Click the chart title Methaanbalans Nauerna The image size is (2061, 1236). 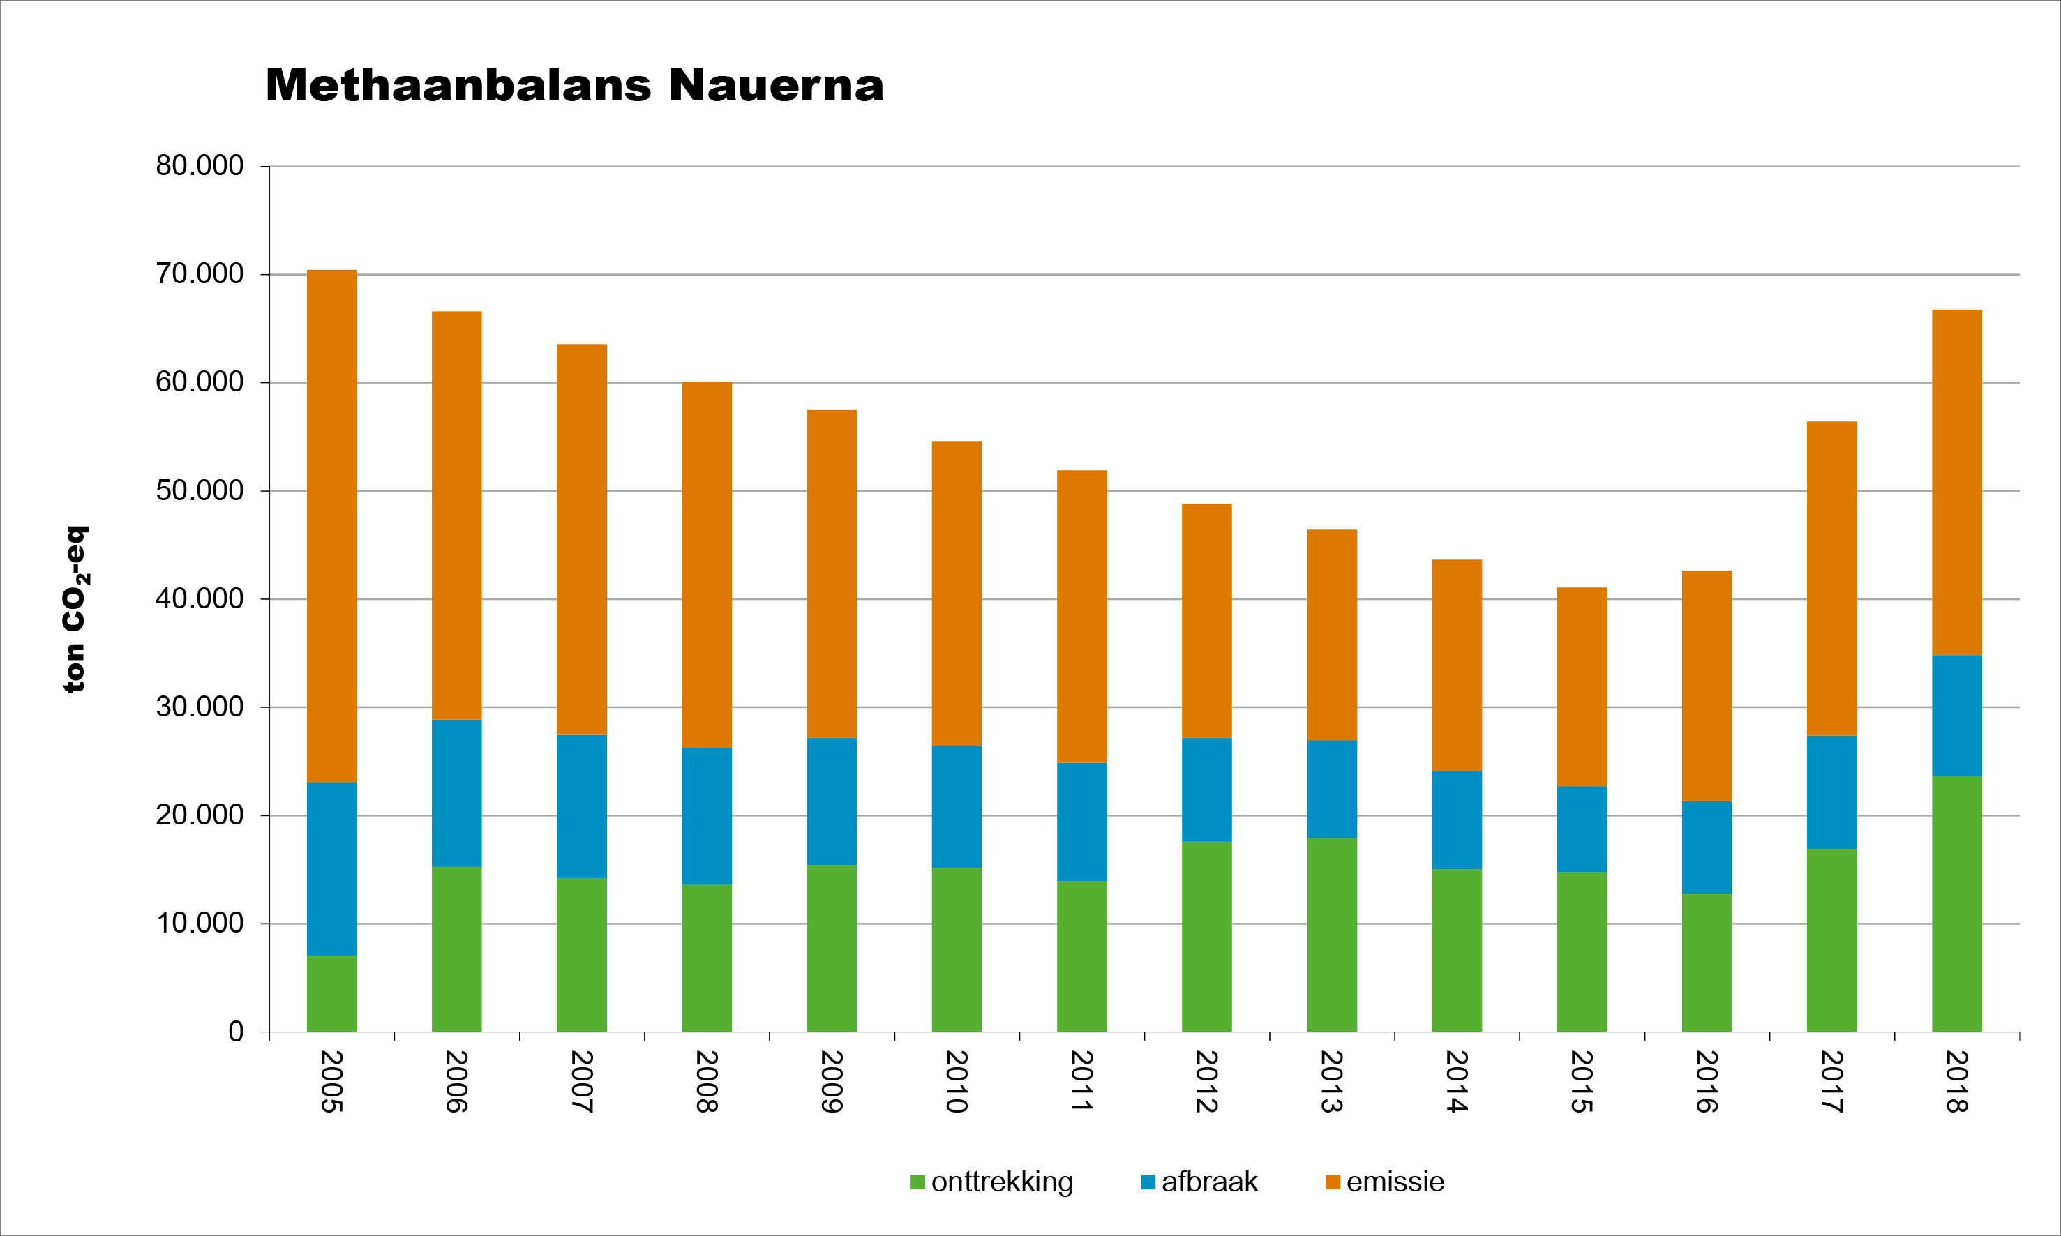coord(574,85)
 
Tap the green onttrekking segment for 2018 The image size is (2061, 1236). coord(1956,904)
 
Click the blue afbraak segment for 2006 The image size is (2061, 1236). coord(456,793)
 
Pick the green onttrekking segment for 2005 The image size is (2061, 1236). coord(331,994)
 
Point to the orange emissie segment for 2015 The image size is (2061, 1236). coord(1581,686)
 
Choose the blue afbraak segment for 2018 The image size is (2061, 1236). coord(1956,716)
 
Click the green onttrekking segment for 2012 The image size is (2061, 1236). coord(1206,936)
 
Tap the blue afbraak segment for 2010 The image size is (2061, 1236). coord(957,806)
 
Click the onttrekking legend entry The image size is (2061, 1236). coord(992,1182)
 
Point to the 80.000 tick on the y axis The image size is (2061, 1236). coord(200,166)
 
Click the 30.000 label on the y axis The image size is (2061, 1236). coord(200,707)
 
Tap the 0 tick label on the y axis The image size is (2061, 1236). coord(236,1032)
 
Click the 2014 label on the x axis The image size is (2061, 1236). coord(1456,1081)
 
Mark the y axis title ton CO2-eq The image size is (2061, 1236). coord(75,609)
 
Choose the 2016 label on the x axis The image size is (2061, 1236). coord(1706,1081)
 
